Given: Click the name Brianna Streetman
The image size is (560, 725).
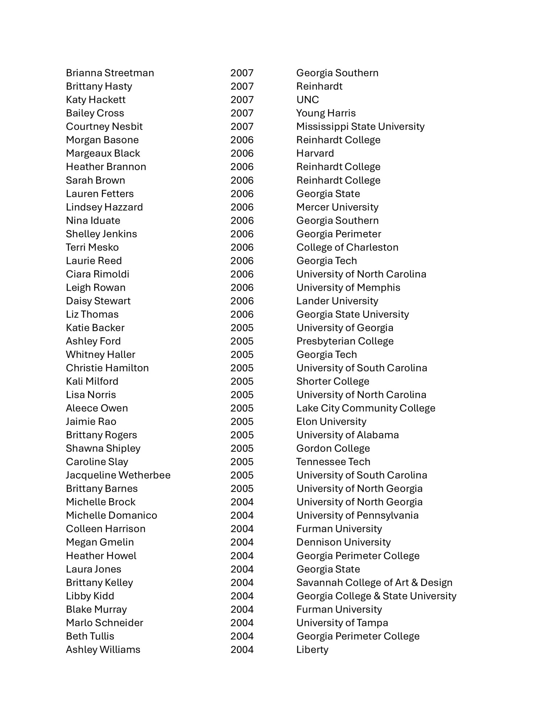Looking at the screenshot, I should point(110,73).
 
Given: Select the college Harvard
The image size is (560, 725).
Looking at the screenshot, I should point(315,153).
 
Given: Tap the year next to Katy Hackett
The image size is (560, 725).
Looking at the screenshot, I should point(242,100).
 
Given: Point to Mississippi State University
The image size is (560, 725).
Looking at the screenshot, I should point(360,127).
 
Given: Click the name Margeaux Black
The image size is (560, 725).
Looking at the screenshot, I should point(103,153).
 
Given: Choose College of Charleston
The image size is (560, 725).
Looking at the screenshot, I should point(347,247).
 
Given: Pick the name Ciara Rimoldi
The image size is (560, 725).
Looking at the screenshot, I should point(98,274).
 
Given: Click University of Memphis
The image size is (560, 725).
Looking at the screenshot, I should point(348,287).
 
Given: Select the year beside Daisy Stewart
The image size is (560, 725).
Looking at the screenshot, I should point(242,301).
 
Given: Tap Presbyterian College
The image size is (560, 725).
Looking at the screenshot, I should point(345,341).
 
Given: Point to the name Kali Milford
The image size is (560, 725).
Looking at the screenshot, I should point(92,381).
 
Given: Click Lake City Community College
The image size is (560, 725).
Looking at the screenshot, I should point(366,408).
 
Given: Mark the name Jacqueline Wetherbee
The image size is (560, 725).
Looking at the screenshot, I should point(118,475).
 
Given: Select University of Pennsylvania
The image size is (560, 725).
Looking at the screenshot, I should point(357,515).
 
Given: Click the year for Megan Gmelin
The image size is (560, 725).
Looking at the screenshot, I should point(242,542).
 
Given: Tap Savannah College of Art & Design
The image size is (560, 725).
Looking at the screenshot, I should point(374,583).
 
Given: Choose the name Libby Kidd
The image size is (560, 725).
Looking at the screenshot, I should point(90,596).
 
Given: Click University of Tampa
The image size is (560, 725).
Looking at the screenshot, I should point(342,623).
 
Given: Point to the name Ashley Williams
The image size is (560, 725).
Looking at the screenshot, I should point(103,650).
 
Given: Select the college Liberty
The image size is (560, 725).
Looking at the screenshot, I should point(312,650).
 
